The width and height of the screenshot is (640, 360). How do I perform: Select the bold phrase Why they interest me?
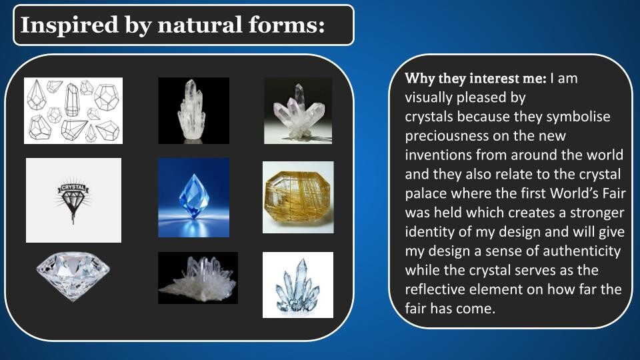pos(475,79)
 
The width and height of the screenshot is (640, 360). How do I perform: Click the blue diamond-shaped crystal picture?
pos(194,197)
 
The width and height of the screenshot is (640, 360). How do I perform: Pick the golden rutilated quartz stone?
pos(298,197)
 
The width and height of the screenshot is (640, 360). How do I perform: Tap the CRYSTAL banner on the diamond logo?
pos(73,187)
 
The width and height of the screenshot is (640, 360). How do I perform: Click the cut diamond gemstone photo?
pos(73,275)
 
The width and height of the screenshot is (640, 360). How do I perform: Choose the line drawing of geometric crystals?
pos(73,111)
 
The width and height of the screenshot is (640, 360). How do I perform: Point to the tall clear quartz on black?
pos(194,111)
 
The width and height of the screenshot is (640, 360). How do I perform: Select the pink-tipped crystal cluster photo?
pos(298,111)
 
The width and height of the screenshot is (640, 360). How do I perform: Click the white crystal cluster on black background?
pos(198,278)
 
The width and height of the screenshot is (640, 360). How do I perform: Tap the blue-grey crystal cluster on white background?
pos(298,285)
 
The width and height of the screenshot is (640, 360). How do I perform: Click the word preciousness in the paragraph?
pos(447,136)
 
